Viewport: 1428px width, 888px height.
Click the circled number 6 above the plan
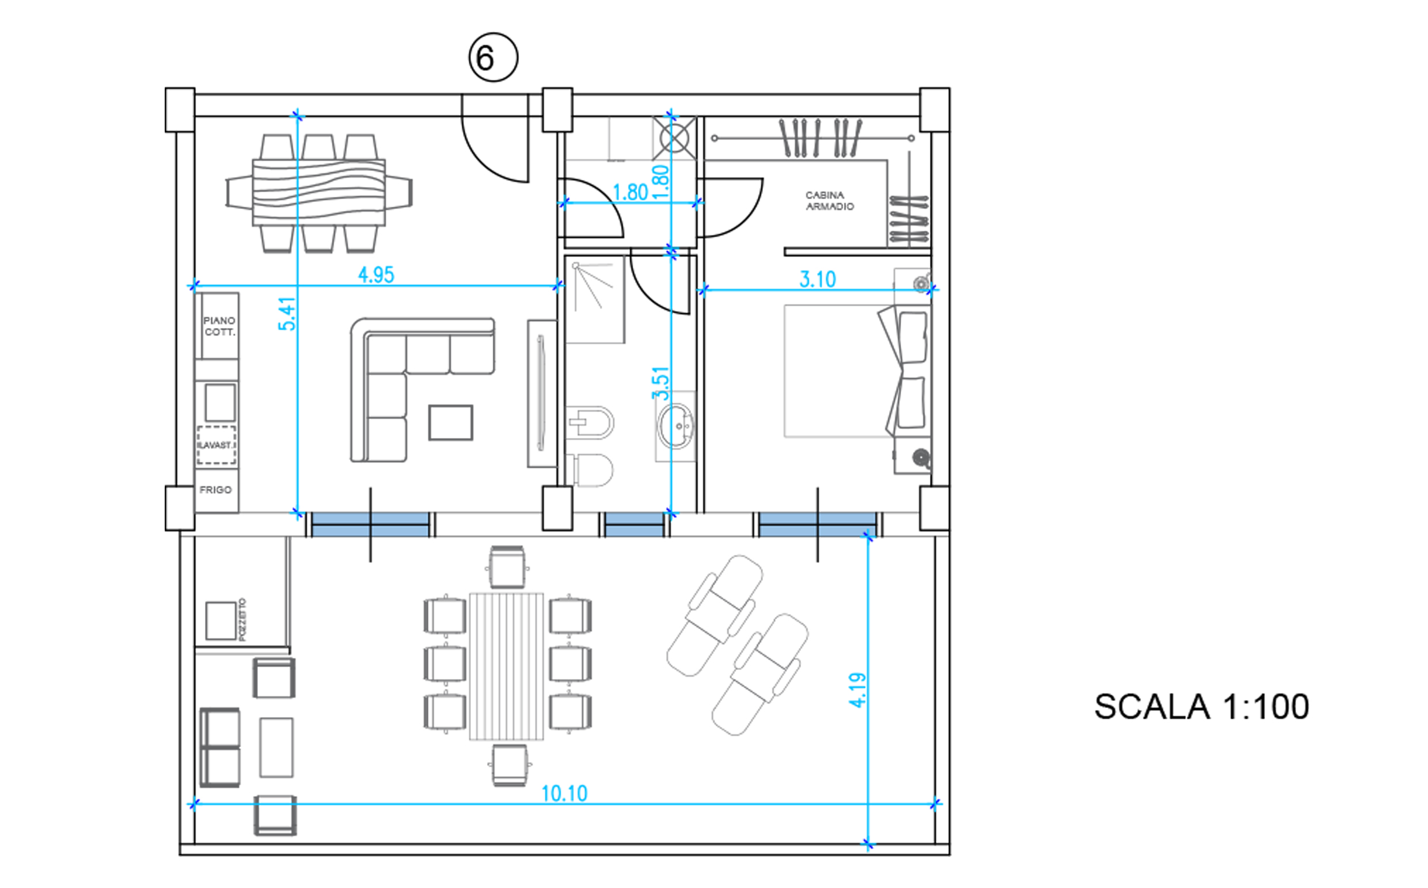pyautogui.click(x=493, y=58)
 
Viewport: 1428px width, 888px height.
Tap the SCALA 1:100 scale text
pyautogui.click(x=1202, y=707)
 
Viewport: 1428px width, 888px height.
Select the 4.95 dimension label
pyautogui.click(x=376, y=275)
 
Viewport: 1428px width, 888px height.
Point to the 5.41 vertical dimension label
pyautogui.click(x=287, y=314)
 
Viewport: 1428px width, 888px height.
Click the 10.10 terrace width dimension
pyautogui.click(x=564, y=794)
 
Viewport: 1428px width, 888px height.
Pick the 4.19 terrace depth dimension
pyautogui.click(x=858, y=690)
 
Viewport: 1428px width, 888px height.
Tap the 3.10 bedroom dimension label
pyautogui.click(x=818, y=280)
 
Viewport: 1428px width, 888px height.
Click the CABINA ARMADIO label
pyautogui.click(x=829, y=200)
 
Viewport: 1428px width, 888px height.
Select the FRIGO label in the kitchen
pyautogui.click(x=216, y=490)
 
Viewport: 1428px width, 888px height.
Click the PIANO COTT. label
pyautogui.click(x=219, y=326)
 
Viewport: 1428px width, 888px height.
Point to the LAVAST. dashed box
pyautogui.click(x=217, y=445)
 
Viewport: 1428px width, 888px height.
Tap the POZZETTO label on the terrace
pyautogui.click(x=242, y=620)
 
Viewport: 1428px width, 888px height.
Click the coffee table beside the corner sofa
pyautogui.click(x=451, y=422)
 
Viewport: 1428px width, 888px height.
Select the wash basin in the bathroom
pyautogui.click(x=677, y=426)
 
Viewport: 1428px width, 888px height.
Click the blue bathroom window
pyautogui.click(x=634, y=524)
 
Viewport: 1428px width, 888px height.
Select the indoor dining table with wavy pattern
pyautogui.click(x=319, y=193)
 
